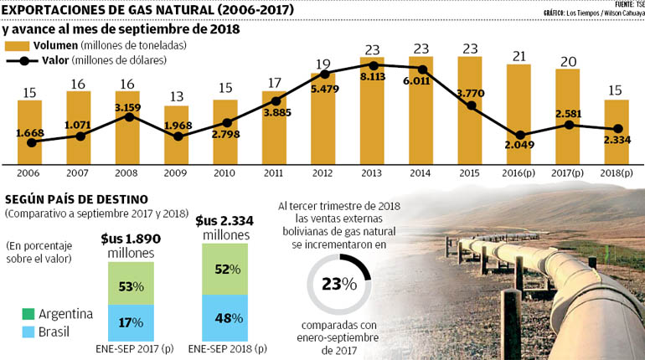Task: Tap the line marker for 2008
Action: point(128,117)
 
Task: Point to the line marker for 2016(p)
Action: point(521,135)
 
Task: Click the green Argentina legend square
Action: point(13,315)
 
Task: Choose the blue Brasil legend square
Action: point(13,331)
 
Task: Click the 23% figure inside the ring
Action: point(338,284)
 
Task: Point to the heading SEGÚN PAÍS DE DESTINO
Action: point(77,199)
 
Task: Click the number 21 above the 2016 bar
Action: point(519,55)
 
